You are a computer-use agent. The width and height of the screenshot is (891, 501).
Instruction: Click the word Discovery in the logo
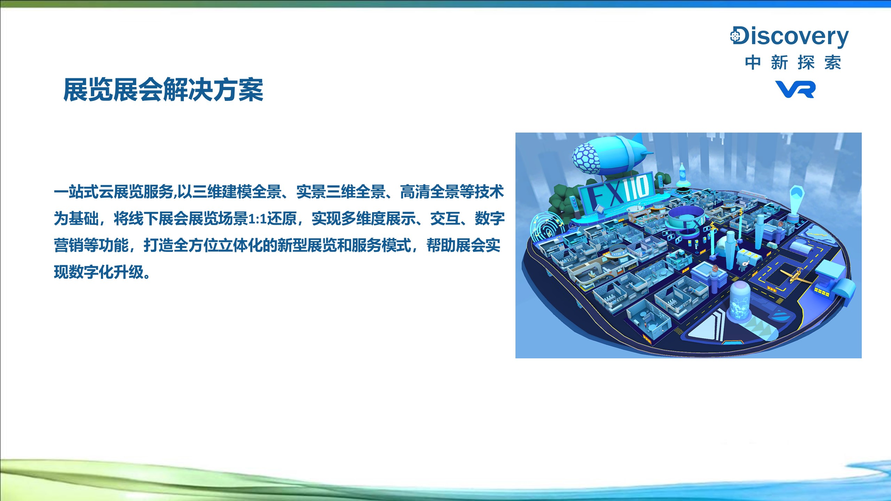pos(789,37)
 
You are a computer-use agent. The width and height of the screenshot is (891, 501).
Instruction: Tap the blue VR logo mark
pos(795,89)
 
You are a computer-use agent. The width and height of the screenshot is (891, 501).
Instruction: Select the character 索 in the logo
pos(833,63)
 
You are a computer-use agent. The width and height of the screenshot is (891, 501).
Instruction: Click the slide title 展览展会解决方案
pos(163,90)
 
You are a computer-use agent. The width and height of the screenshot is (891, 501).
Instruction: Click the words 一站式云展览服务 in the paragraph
pos(114,192)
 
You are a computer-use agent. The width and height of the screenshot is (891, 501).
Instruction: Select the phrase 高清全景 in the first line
pos(429,192)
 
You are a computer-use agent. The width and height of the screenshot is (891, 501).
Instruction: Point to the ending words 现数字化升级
pos(99,272)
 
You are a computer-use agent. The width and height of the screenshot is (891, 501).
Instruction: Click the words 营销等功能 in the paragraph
pos(91,245)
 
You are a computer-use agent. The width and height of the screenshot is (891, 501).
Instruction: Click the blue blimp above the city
pos(609,156)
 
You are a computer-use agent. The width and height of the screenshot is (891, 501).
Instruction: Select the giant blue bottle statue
pos(682,176)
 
